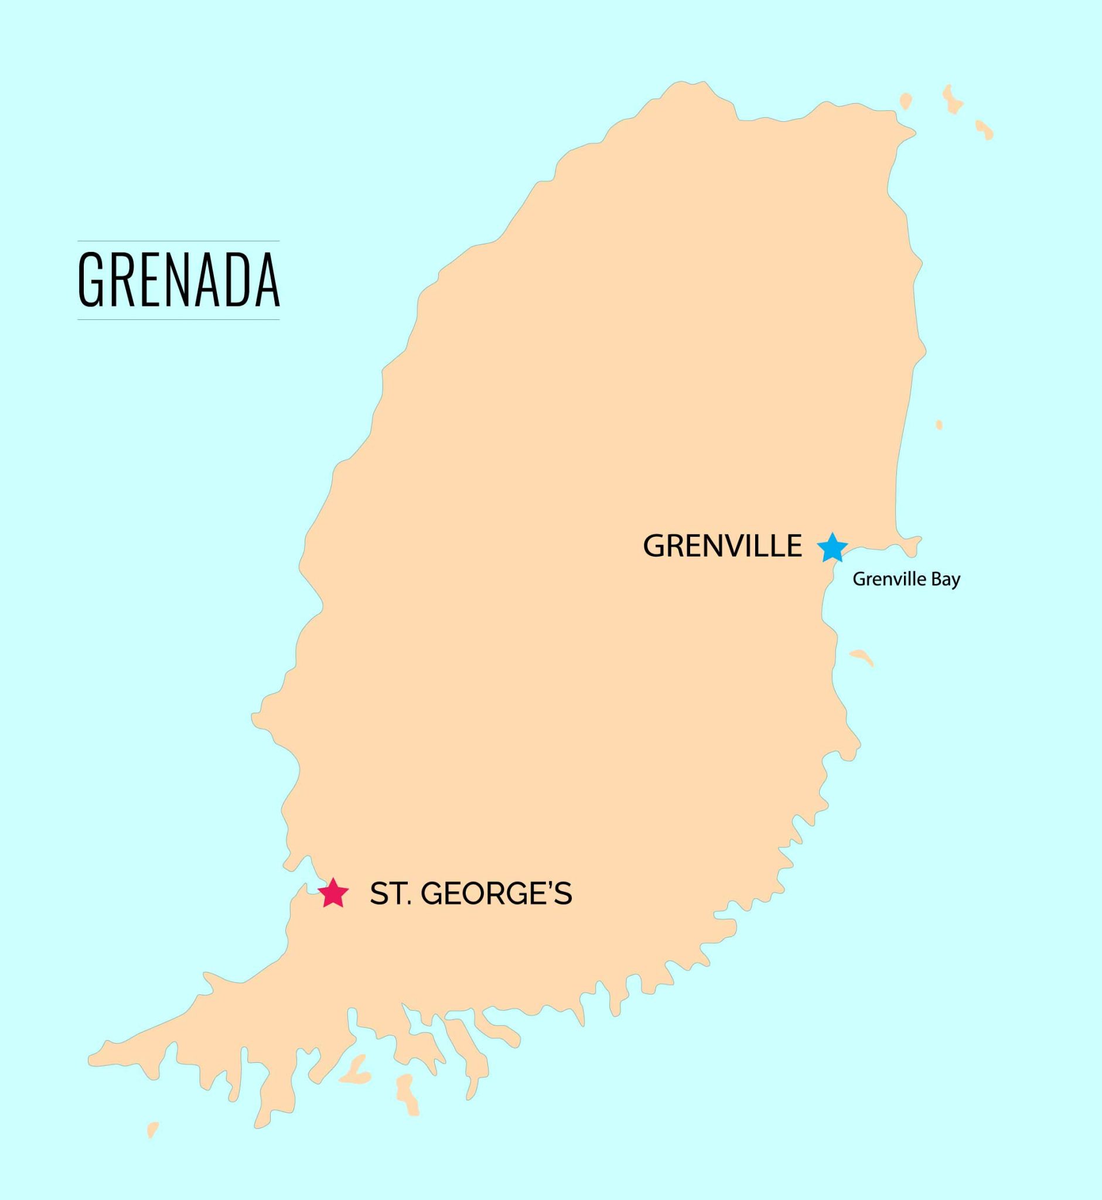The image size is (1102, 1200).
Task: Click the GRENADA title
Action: click(178, 279)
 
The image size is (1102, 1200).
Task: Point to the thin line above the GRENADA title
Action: click(178, 241)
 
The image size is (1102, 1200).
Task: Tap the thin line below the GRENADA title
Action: click(178, 320)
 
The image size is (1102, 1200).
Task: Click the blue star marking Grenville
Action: click(832, 547)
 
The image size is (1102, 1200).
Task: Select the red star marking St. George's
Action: click(333, 894)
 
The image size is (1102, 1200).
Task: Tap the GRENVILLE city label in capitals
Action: click(722, 546)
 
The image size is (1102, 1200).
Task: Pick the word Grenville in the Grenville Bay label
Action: click(889, 579)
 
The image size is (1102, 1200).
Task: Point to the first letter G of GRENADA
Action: click(90, 279)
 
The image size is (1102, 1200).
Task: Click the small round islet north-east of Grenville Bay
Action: click(939, 425)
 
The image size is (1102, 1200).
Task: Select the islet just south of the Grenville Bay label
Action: click(862, 657)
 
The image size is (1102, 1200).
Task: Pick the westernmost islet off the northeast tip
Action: click(906, 101)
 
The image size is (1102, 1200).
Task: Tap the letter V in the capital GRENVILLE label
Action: click(737, 546)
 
